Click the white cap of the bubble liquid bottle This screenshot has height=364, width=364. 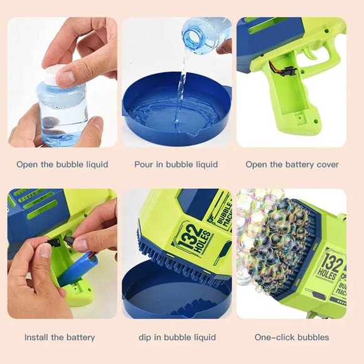[53, 76]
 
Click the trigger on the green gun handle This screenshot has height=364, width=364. [311, 53]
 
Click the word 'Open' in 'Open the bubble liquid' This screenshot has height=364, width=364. [27, 164]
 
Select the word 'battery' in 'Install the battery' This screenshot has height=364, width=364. [80, 337]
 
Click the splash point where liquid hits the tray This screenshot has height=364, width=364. [177, 121]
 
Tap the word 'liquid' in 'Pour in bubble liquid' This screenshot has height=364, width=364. [207, 164]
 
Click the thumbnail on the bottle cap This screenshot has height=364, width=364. [66, 78]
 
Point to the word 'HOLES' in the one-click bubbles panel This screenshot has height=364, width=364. [328, 274]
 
